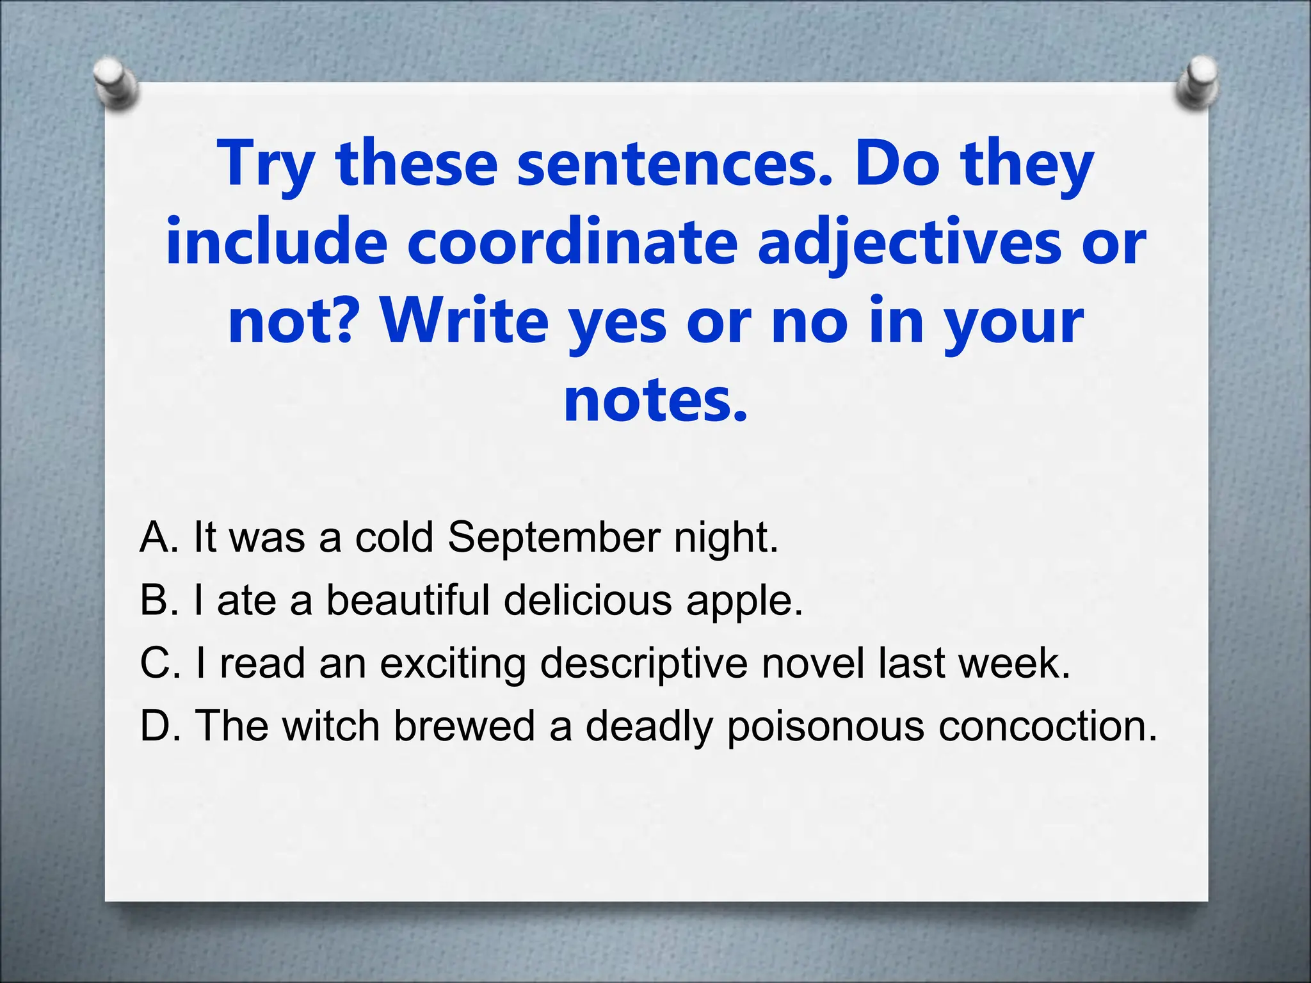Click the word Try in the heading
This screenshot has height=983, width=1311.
pyautogui.click(x=265, y=164)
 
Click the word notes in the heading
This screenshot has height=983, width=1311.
pyautogui.click(x=654, y=401)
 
